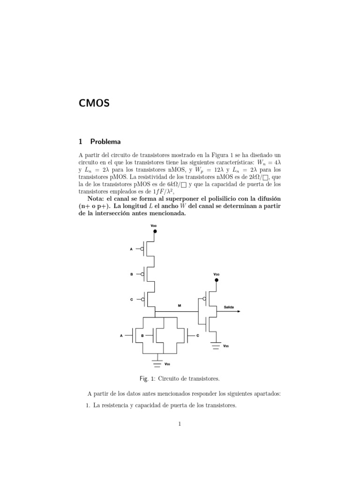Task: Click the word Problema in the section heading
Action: point(105,141)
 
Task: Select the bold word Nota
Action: point(99,198)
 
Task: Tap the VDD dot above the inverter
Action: point(216,280)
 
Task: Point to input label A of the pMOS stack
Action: point(131,249)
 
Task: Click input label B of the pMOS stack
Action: point(131,274)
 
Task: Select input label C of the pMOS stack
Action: point(131,299)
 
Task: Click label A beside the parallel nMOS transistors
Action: point(121,336)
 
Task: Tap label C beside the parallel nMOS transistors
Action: point(198,336)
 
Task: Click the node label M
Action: point(179,306)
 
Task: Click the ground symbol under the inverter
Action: point(216,345)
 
